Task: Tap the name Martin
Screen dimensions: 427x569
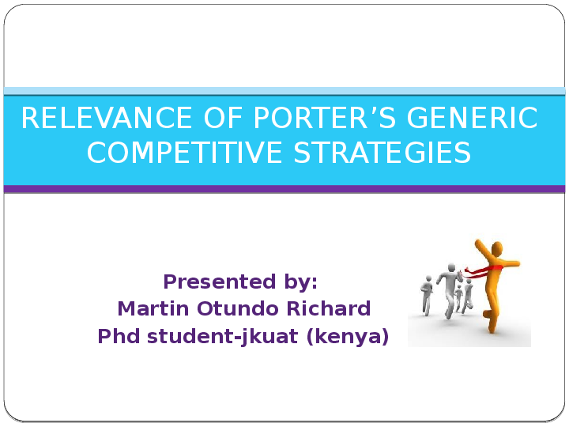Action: click(149, 308)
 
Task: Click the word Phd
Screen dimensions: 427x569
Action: click(116, 337)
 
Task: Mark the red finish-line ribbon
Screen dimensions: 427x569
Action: click(480, 270)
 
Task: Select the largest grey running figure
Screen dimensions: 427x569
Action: click(450, 289)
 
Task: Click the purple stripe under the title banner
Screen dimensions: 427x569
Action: click(284, 189)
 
